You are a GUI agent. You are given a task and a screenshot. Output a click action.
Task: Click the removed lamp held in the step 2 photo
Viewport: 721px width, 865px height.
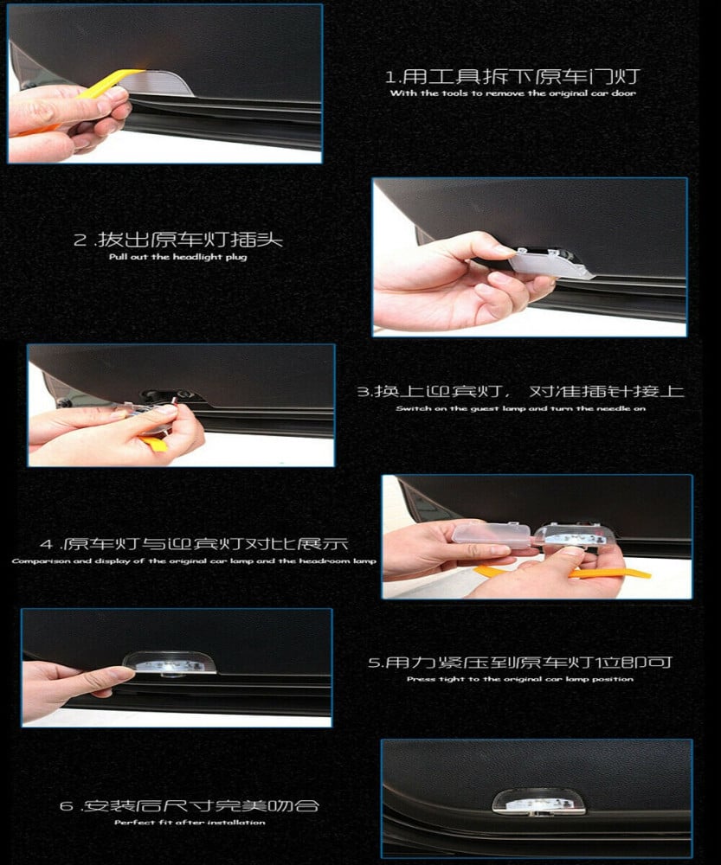(551, 263)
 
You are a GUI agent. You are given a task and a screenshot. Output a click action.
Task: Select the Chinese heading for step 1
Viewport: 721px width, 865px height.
(512, 76)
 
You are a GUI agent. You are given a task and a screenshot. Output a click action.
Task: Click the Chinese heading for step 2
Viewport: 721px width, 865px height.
(178, 240)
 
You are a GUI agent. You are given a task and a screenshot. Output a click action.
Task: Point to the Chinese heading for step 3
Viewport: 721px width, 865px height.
(520, 391)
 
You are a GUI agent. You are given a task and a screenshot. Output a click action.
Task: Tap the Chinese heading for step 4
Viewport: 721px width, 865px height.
(194, 544)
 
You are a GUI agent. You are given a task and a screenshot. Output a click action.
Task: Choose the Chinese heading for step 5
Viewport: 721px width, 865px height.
(520, 662)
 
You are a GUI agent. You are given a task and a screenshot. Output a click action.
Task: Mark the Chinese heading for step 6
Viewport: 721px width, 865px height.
(190, 805)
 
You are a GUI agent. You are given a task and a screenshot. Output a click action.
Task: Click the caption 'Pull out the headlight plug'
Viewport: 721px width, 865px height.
(177, 257)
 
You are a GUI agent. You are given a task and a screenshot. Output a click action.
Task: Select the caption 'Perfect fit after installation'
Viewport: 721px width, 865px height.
(190, 822)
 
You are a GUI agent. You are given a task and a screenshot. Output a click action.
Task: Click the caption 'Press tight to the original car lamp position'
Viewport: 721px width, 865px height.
(520, 678)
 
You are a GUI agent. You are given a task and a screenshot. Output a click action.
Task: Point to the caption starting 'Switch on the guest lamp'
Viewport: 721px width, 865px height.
(520, 408)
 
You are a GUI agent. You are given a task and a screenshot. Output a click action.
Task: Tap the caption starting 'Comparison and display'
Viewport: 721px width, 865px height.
(194, 561)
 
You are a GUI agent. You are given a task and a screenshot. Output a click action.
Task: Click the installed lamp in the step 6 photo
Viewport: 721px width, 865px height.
(538, 803)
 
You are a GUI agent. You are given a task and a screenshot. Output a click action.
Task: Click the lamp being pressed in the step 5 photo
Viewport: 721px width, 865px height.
(170, 663)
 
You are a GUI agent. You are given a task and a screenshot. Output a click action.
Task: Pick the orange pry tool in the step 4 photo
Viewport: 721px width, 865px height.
(563, 572)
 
